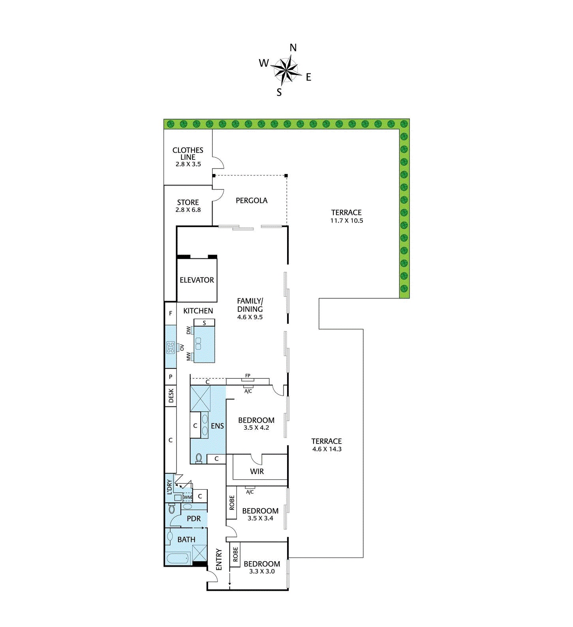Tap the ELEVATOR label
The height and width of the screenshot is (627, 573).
(197, 280)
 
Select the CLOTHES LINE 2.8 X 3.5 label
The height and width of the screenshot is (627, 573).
(188, 157)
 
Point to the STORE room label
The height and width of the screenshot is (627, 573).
(188, 202)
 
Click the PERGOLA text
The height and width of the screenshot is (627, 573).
(252, 200)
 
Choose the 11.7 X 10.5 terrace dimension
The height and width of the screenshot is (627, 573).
(346, 221)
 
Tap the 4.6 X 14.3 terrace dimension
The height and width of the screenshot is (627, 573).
(327, 449)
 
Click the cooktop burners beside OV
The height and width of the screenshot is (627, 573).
(171, 347)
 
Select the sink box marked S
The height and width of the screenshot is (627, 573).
(204, 323)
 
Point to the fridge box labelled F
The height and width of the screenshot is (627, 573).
(171, 313)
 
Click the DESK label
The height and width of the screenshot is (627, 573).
(171, 396)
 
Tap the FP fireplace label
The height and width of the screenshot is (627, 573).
(248, 376)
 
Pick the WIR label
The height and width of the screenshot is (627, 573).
(257, 471)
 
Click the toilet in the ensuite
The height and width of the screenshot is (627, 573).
(199, 458)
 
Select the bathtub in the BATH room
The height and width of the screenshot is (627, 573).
(178, 559)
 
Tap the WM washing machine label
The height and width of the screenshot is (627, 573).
(188, 498)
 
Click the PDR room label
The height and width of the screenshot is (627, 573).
(194, 518)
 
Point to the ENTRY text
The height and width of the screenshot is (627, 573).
(219, 560)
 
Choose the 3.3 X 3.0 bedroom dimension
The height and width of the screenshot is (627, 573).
(262, 571)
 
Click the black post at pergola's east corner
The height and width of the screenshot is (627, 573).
(286, 176)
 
